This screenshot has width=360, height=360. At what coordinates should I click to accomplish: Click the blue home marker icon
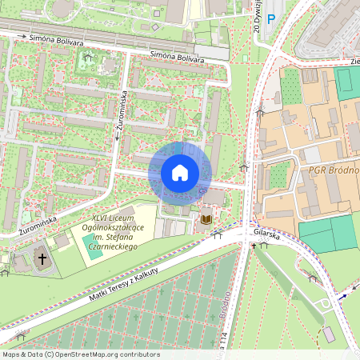[x=180, y=173]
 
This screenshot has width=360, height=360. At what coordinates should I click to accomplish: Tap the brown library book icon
[x=206, y=218]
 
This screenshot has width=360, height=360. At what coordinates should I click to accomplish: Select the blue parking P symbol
[x=271, y=18]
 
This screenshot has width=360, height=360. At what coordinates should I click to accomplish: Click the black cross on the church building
[x=42, y=259]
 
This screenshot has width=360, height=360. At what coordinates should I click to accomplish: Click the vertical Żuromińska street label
[x=118, y=120]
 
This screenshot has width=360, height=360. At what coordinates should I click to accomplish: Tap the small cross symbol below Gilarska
[x=254, y=245]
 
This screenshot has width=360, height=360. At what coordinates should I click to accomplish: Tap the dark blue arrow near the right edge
[x=345, y=295]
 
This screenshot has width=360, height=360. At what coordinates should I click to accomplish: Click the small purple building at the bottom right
[x=328, y=333]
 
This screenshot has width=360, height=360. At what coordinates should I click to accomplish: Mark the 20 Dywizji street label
[x=257, y=16]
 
